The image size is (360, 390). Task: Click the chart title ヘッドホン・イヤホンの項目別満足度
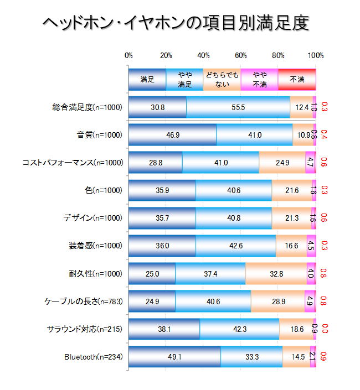175,23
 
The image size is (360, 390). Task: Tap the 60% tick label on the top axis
241,55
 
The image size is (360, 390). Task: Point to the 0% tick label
128,55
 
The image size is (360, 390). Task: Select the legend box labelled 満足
147,80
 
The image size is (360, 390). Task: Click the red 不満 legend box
297,80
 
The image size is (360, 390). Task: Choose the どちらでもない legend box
222,80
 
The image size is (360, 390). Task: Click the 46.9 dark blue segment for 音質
172,134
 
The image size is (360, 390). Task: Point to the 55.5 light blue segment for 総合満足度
238,107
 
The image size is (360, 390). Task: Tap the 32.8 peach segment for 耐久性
276,273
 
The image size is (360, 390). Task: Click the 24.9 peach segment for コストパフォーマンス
282,162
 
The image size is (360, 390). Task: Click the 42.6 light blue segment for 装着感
236,246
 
